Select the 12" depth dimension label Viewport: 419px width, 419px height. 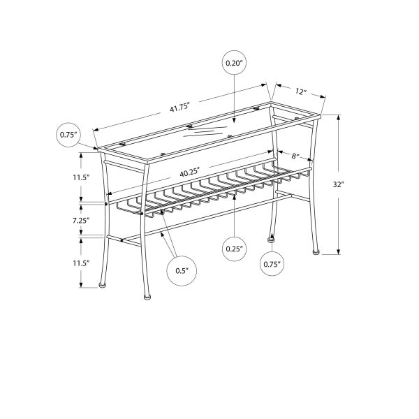click(301, 91)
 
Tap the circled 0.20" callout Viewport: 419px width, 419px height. click(234, 63)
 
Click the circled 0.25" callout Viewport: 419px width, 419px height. click(234, 249)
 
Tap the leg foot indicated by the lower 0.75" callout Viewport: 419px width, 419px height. click(270, 239)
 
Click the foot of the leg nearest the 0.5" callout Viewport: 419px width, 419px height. click(147, 297)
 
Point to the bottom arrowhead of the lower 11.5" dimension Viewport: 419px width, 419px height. click(82, 286)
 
